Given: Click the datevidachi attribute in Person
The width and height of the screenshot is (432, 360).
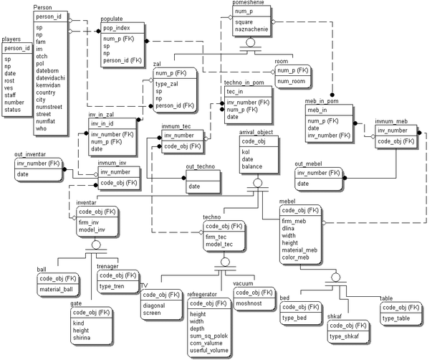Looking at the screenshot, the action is point(50,77).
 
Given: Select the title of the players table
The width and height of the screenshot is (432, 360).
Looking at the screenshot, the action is point(11,39).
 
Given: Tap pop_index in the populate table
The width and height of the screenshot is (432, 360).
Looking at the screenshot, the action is point(117,28).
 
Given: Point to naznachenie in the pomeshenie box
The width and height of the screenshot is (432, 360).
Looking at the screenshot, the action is point(251,29).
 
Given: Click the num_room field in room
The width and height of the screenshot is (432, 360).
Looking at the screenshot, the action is point(291,81).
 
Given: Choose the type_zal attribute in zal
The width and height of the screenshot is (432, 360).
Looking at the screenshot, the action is point(167,84).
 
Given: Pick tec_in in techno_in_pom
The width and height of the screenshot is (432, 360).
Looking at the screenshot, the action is point(235,92).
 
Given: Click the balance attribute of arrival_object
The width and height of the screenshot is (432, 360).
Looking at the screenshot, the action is point(251,166).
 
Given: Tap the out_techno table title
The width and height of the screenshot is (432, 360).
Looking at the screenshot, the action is point(201,166).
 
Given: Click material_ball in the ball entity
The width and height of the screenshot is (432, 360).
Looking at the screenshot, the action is point(56,290).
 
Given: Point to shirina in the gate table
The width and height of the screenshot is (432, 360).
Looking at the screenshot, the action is point(82,338).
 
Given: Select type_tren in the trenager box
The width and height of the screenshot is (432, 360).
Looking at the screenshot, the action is point(112,286).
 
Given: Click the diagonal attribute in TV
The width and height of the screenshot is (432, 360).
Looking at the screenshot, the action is point(154,305).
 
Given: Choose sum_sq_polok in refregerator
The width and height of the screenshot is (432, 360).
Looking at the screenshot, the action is point(209,336).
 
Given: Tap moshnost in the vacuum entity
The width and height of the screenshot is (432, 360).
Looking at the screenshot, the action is point(249,303).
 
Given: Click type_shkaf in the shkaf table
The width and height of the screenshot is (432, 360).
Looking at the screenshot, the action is point(344,336).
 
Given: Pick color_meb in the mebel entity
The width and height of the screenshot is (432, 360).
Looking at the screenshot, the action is point(295,257).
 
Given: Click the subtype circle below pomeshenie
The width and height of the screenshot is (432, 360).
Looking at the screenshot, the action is point(250,43).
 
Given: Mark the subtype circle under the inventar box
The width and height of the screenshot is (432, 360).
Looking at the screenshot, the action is point(96,245).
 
